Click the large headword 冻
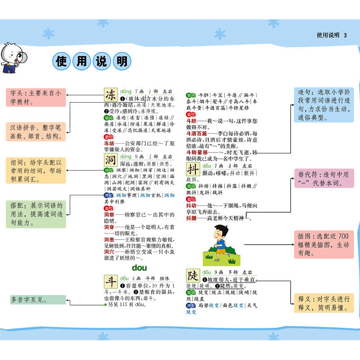[x=111, y=95]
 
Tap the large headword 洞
[x=111, y=160]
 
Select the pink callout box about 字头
[x=36, y=98]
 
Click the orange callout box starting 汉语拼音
[x=36, y=131]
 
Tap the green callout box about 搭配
[x=36, y=214]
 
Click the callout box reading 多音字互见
[x=36, y=300]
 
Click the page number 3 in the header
[x=345, y=35]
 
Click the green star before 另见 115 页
[x=105, y=305]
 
